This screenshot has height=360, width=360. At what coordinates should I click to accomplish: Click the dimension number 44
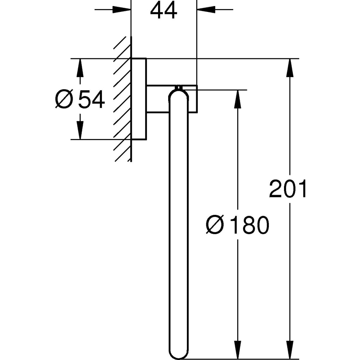tap(164, 11)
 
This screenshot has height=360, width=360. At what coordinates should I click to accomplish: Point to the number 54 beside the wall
tap(91, 99)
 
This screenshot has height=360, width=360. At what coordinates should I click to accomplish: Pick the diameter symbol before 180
tap(215, 225)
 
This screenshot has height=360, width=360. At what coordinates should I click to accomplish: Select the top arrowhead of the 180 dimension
tap(237, 99)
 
